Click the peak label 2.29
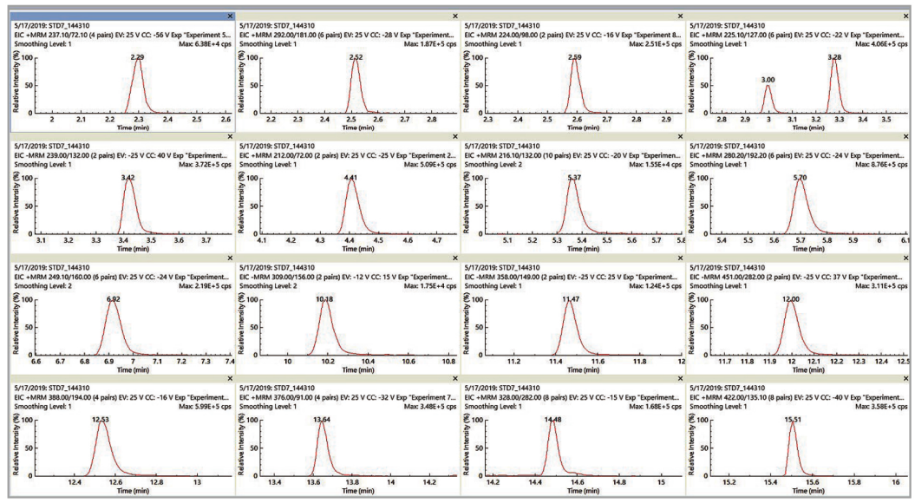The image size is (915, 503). (137, 56)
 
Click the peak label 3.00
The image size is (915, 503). (768, 80)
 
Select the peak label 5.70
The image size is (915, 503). (800, 177)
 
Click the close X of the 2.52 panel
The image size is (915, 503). (454, 16)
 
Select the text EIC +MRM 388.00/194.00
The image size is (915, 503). (66, 396)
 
